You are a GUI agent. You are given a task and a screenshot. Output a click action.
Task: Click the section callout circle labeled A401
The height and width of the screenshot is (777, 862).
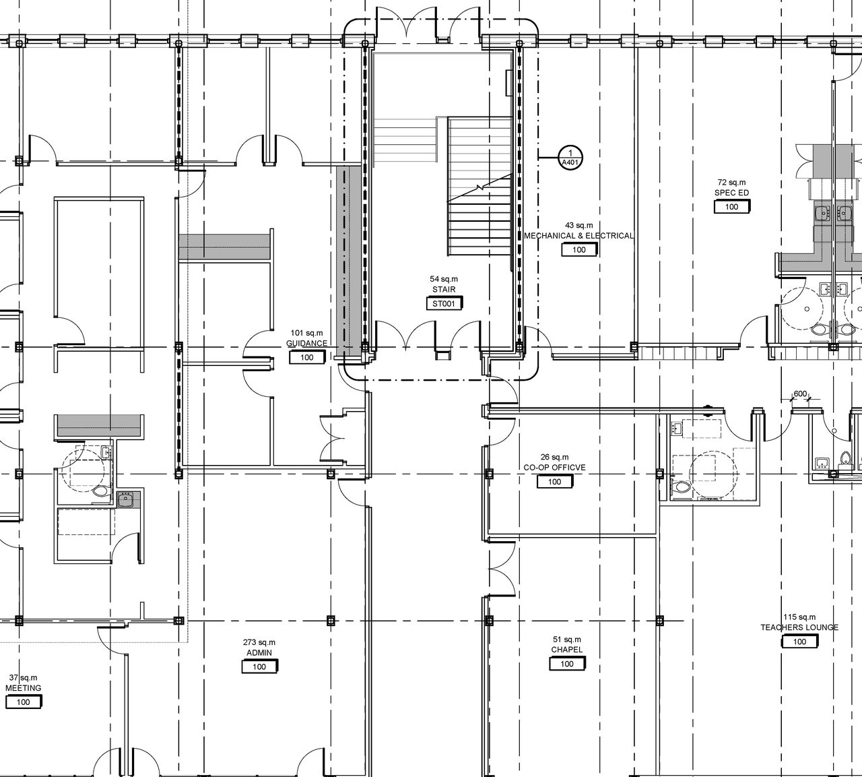point(570,157)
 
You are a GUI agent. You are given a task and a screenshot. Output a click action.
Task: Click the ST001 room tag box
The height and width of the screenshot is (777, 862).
point(444,304)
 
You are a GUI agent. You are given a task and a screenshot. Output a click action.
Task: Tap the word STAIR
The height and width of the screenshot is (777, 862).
point(444,290)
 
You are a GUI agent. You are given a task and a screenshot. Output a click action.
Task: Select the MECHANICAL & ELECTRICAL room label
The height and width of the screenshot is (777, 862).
point(579,236)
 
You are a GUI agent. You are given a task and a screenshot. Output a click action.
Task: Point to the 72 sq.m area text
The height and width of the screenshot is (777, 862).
point(731,183)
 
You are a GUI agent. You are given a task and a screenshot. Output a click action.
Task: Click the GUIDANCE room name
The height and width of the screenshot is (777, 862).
point(307,344)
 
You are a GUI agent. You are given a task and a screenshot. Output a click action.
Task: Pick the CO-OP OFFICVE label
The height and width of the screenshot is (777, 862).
point(554,468)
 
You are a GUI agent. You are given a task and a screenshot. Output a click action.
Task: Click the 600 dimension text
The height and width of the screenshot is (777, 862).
point(800,394)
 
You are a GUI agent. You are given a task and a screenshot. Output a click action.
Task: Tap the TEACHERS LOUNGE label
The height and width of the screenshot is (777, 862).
point(799,627)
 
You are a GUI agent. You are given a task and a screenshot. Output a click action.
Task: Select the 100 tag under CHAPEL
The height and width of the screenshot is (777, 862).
point(566,664)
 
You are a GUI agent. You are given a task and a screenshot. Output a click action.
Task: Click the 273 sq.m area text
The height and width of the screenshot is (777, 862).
point(259,642)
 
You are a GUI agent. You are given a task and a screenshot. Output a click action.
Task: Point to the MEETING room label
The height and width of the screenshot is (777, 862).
point(24,688)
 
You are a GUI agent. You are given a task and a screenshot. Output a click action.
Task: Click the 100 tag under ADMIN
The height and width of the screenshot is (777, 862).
point(259,667)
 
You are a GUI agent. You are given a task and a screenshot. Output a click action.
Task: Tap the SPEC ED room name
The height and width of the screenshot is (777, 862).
point(731,193)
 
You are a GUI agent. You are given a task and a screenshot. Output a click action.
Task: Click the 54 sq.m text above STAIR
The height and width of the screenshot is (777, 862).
point(444,279)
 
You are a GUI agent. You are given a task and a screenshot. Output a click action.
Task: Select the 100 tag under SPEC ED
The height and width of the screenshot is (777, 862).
point(732,208)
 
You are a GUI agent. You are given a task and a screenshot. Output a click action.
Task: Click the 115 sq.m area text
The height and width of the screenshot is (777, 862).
point(799,617)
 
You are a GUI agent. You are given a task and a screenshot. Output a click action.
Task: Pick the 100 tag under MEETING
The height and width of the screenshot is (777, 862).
point(24,702)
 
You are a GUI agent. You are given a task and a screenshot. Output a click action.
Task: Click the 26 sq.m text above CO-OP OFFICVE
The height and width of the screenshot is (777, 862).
point(554,457)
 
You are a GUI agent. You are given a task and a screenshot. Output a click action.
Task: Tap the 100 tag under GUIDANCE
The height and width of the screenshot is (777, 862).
point(307,358)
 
